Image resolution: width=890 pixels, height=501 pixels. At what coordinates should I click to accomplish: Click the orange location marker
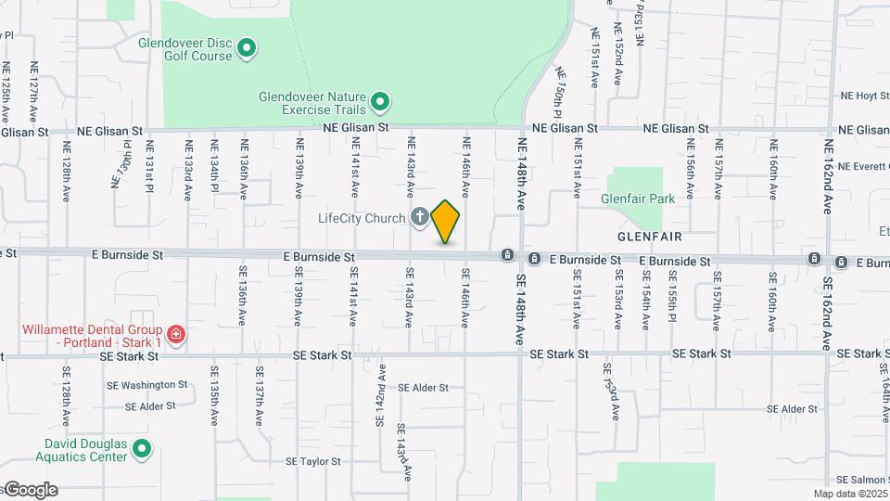point(446,221)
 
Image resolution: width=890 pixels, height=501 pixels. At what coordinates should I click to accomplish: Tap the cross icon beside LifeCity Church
point(419,218)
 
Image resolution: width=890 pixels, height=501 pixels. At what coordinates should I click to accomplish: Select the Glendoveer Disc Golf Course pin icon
point(247,47)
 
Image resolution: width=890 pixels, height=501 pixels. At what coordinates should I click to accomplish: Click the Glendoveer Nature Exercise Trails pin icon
point(380,101)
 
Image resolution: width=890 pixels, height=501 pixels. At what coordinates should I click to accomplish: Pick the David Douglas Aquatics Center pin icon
point(142,450)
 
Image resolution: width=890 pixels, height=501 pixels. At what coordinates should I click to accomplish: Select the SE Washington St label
point(147,384)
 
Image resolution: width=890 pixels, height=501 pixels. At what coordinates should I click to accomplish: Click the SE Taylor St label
point(316,461)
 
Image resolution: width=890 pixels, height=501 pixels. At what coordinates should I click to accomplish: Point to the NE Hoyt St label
point(864,96)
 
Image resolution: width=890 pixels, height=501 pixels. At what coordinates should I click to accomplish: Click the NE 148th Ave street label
point(522,173)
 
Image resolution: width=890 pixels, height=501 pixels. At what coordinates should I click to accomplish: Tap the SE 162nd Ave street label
point(828,312)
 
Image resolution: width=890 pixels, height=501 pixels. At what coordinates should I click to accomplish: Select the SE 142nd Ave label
point(380,394)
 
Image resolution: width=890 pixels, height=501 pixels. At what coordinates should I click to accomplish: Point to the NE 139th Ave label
point(299,168)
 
